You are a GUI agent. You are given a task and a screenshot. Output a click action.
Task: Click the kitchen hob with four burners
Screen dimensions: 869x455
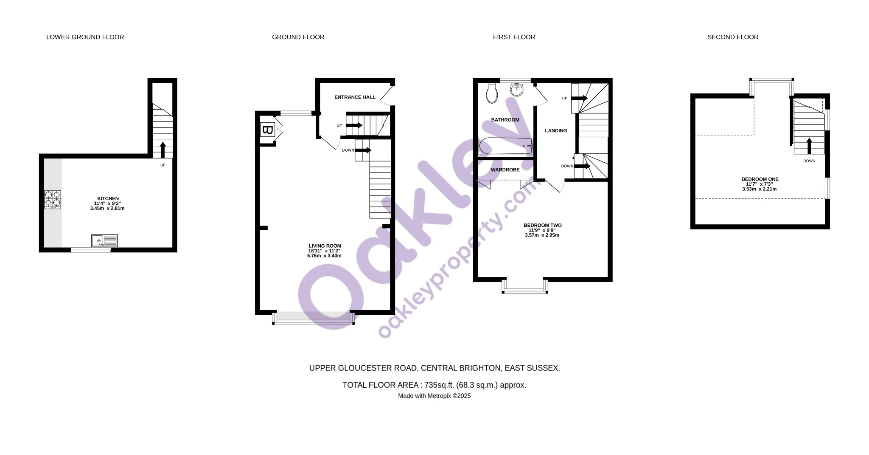(x=53, y=200)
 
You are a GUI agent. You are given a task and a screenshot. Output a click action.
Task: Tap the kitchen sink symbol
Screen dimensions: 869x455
(x=104, y=241)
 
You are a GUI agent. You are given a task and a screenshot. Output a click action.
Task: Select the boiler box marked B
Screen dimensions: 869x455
(x=267, y=130)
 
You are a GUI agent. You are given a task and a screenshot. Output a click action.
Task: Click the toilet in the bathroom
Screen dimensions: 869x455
(x=492, y=93)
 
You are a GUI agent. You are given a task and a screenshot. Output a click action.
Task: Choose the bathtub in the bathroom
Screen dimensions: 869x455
(x=506, y=146)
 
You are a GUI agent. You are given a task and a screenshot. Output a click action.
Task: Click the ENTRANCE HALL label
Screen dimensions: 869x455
(x=355, y=97)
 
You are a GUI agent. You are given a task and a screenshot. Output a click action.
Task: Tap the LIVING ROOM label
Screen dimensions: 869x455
(x=325, y=246)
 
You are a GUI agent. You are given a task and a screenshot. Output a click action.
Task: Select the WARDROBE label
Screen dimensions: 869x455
(x=505, y=170)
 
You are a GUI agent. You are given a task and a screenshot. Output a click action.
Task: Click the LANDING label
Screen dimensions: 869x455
(x=556, y=131)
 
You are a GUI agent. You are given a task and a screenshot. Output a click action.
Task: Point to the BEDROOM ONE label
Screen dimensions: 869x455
(x=760, y=179)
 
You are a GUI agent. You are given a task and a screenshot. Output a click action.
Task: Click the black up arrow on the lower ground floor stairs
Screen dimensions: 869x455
(x=163, y=150)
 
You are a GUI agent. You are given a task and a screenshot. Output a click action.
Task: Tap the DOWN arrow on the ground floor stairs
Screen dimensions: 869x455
(x=363, y=150)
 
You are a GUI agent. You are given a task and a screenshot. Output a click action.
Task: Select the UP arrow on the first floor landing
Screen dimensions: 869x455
(x=580, y=98)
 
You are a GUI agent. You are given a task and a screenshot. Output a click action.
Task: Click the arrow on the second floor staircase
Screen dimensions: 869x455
(x=809, y=146)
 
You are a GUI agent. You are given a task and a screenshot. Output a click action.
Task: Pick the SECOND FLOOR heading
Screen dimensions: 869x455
(x=733, y=37)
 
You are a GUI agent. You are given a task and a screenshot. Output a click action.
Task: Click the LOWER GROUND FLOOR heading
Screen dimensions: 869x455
(x=85, y=37)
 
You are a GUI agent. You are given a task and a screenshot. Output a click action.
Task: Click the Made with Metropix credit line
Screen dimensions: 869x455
(x=434, y=396)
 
